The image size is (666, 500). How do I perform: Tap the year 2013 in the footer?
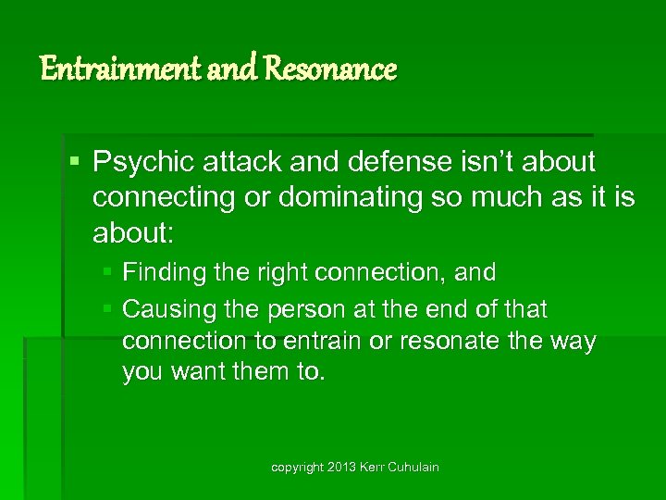click(340, 468)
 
